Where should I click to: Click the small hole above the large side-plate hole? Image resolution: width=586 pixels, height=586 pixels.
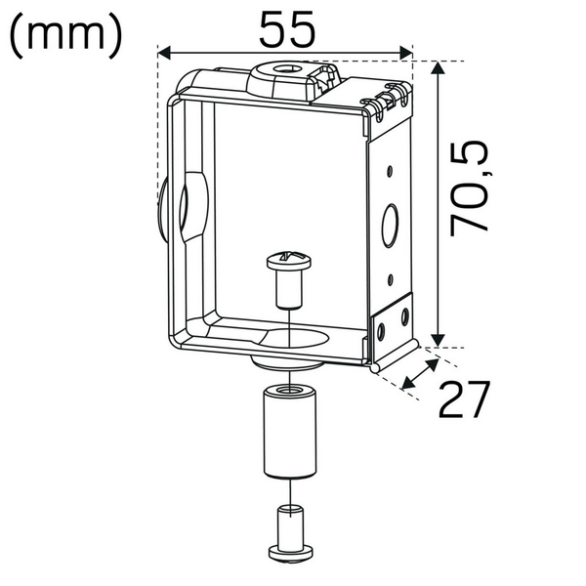(x=390, y=170)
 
